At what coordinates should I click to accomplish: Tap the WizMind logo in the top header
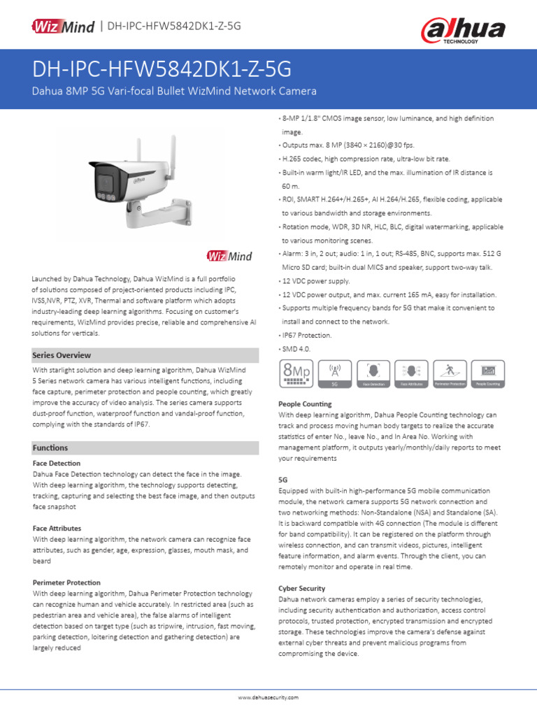coord(62,26)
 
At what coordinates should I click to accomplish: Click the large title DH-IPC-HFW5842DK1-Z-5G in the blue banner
coord(162,70)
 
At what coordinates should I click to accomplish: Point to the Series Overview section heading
coord(62,355)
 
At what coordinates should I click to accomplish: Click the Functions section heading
coord(50,447)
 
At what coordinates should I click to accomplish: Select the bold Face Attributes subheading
coord(57,529)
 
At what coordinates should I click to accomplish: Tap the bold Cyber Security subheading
coord(301,589)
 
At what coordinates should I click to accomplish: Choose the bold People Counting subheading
coord(305,404)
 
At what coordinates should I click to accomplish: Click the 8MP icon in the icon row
coord(295,374)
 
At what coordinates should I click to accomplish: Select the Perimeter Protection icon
coord(450,374)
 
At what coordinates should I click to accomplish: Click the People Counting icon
coord(488,374)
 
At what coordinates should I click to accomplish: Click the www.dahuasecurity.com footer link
coord(268,698)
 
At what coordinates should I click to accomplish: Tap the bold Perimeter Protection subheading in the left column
coord(66,582)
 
